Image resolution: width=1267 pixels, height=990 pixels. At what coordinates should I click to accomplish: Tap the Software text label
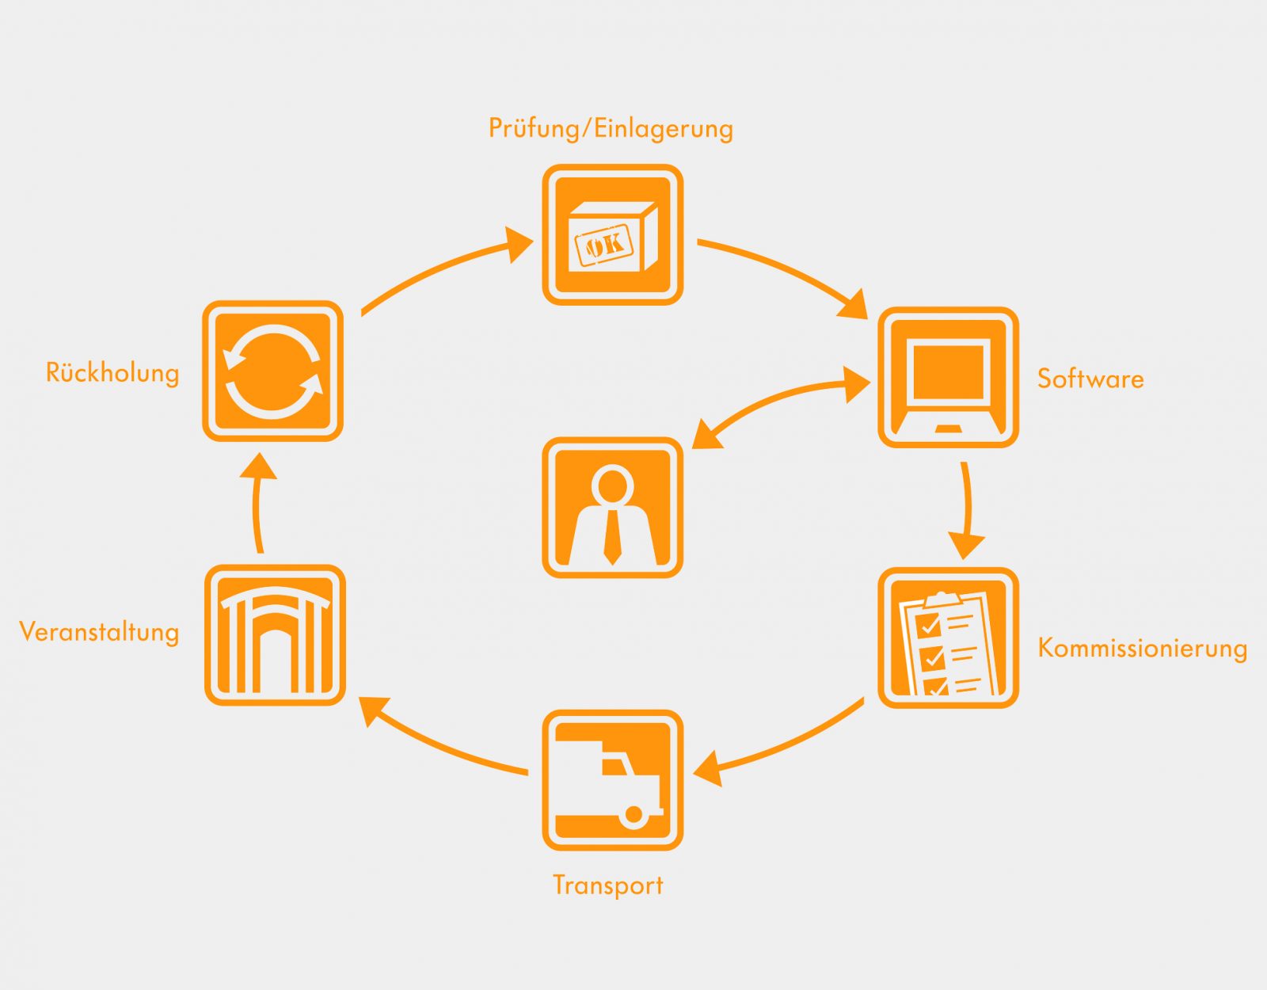[1090, 379]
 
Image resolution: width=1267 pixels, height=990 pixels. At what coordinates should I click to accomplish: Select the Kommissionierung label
[1142, 649]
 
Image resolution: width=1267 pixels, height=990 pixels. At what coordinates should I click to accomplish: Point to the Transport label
[608, 885]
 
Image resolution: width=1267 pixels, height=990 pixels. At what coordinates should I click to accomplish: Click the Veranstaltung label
[99, 632]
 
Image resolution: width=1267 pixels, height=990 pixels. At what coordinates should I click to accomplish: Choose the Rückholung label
[112, 373]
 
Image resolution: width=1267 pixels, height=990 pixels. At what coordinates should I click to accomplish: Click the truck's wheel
[633, 814]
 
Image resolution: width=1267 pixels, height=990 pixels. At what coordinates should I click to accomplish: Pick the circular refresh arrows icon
[273, 371]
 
